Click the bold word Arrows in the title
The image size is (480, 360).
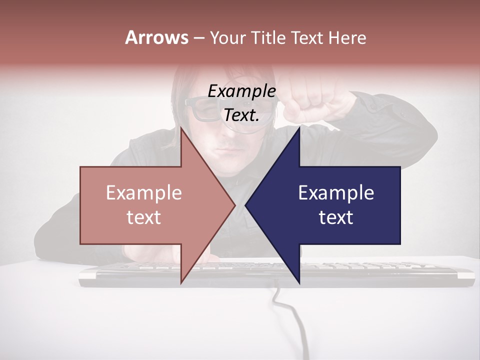coord(156,37)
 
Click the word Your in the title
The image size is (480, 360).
coord(227,38)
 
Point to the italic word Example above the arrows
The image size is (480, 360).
coord(241,91)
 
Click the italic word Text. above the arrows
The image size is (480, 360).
coord(241,115)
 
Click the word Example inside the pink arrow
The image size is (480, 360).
coord(144,193)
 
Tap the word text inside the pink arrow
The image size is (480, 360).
coord(144,217)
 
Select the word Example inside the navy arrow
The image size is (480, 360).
coord(336,193)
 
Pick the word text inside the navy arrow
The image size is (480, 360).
coord(336,217)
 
